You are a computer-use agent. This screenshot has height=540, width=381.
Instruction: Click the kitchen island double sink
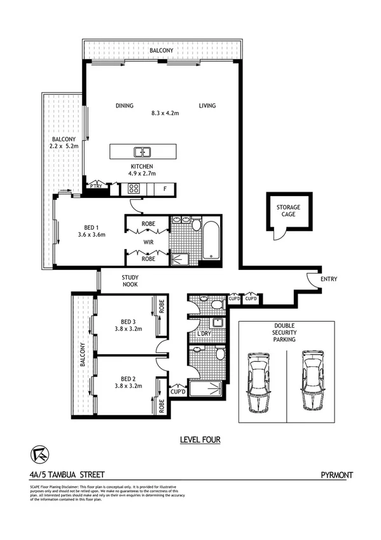142,152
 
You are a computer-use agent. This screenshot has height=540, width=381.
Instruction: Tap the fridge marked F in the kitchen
165,188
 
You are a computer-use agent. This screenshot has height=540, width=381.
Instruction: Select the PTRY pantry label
97,187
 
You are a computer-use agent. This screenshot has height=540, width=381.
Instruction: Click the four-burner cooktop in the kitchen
135,188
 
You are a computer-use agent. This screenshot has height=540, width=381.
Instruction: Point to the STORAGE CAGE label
287,211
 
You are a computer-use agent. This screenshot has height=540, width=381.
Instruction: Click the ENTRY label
329,279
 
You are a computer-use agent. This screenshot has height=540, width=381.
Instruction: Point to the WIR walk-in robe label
148,242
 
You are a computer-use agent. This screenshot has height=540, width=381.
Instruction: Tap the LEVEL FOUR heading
200,439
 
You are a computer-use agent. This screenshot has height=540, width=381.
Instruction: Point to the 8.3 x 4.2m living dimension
165,113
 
